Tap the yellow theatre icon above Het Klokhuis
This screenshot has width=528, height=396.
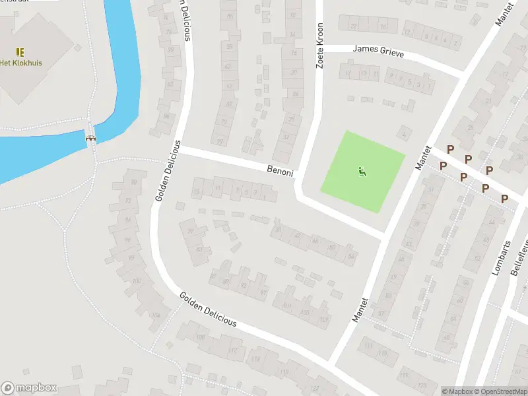[x=20, y=51]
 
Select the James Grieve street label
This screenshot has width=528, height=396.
[x=378, y=49]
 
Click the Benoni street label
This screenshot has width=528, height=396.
[x=280, y=169]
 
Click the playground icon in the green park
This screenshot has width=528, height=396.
[x=362, y=172]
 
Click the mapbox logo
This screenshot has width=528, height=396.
[x=29, y=388]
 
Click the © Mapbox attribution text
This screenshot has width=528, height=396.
[x=458, y=391]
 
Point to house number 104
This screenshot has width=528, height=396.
[x=156, y=315]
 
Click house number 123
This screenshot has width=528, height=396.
[x=422, y=385]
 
